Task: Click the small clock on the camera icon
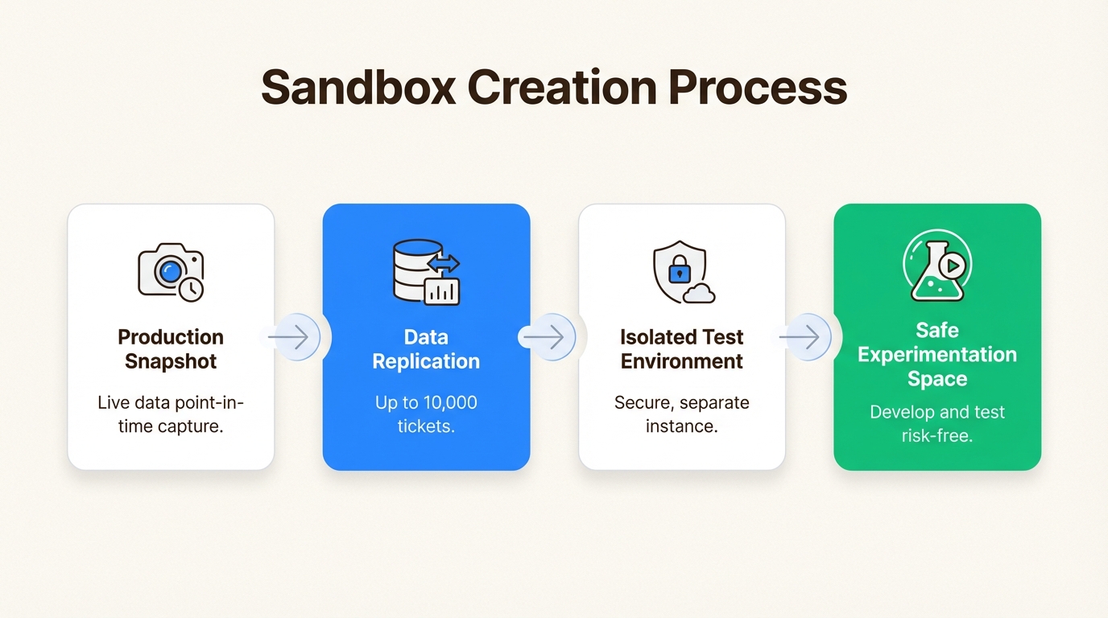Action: tap(192, 289)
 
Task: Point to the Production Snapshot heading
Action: tap(171, 349)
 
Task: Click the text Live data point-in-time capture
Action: tap(171, 414)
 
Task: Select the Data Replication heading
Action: tap(426, 349)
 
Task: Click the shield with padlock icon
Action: tap(678, 270)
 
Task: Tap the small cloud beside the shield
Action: tap(698, 294)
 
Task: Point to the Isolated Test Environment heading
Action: tap(681, 349)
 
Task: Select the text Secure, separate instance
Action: tap(681, 414)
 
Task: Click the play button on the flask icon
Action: tap(953, 265)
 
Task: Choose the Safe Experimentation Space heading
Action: tap(937, 354)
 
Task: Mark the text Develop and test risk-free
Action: tap(937, 423)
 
